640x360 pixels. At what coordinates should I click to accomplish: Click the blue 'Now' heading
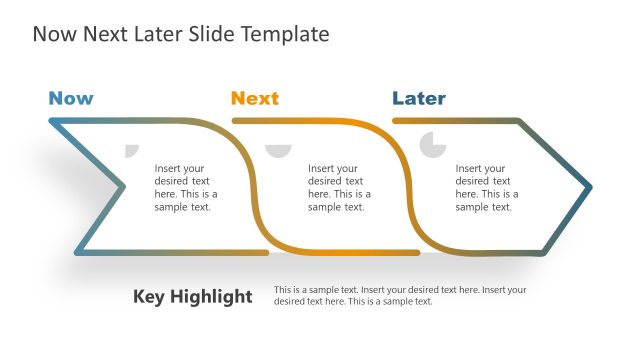point(71,98)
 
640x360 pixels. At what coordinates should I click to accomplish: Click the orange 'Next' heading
point(255,98)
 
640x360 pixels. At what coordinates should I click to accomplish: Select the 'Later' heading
point(419,98)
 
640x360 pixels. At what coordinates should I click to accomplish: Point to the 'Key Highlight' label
point(193,297)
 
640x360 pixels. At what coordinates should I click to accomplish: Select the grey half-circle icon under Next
point(278,149)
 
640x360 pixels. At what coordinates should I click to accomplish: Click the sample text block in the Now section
point(185,188)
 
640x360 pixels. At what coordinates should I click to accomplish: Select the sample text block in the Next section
point(339,188)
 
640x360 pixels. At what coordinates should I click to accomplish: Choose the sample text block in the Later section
point(487,188)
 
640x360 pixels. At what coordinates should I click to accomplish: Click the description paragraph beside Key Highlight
point(400,295)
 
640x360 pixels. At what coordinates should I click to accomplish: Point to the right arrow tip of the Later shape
point(590,186)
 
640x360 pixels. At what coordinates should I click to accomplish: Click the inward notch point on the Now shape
point(124,186)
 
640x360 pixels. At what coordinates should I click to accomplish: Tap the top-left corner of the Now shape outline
point(51,121)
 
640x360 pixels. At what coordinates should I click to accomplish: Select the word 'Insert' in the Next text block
point(322,169)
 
